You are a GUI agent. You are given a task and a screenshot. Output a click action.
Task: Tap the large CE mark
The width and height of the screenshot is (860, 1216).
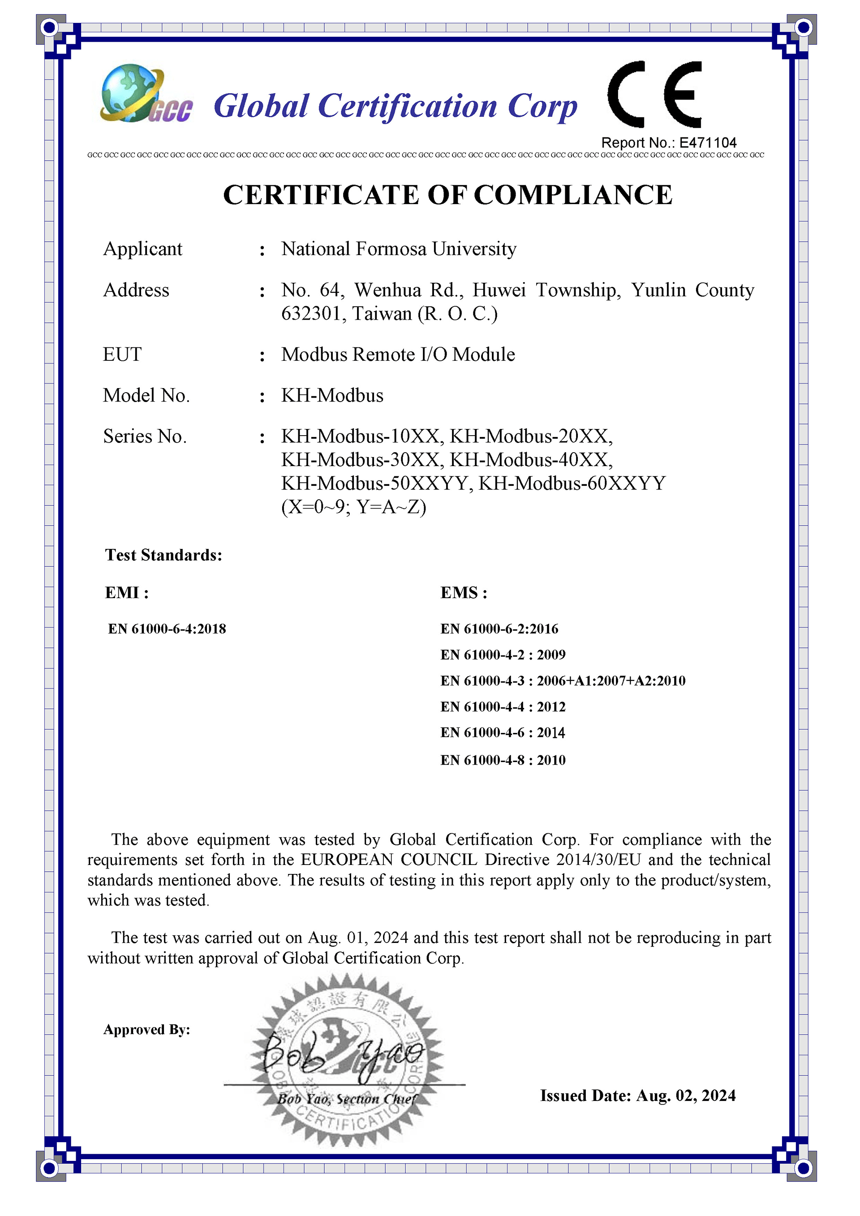pyautogui.click(x=655, y=95)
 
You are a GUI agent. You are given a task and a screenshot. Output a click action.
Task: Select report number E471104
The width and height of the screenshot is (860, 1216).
pyautogui.click(x=708, y=143)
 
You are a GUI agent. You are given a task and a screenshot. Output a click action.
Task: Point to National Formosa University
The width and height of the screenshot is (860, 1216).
pyautogui.click(x=399, y=249)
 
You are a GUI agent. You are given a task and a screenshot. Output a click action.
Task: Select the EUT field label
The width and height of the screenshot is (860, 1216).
pyautogui.click(x=122, y=354)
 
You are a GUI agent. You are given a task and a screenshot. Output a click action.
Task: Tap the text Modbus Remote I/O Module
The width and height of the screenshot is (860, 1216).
pyautogui.click(x=398, y=354)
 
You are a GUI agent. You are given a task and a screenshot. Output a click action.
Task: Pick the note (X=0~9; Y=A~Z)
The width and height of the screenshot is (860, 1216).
pyautogui.click(x=353, y=507)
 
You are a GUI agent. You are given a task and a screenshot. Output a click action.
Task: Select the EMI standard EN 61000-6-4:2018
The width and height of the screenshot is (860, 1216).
pyautogui.click(x=167, y=629)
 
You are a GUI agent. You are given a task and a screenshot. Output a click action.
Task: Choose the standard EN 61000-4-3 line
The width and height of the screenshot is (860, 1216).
pyautogui.click(x=562, y=681)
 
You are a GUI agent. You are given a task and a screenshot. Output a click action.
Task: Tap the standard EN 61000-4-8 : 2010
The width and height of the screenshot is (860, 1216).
pyautogui.click(x=503, y=761)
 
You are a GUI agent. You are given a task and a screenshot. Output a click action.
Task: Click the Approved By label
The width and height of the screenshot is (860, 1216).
pyautogui.click(x=147, y=1030)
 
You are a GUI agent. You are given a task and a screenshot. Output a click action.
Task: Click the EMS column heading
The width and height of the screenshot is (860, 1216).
pyautogui.click(x=463, y=593)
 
